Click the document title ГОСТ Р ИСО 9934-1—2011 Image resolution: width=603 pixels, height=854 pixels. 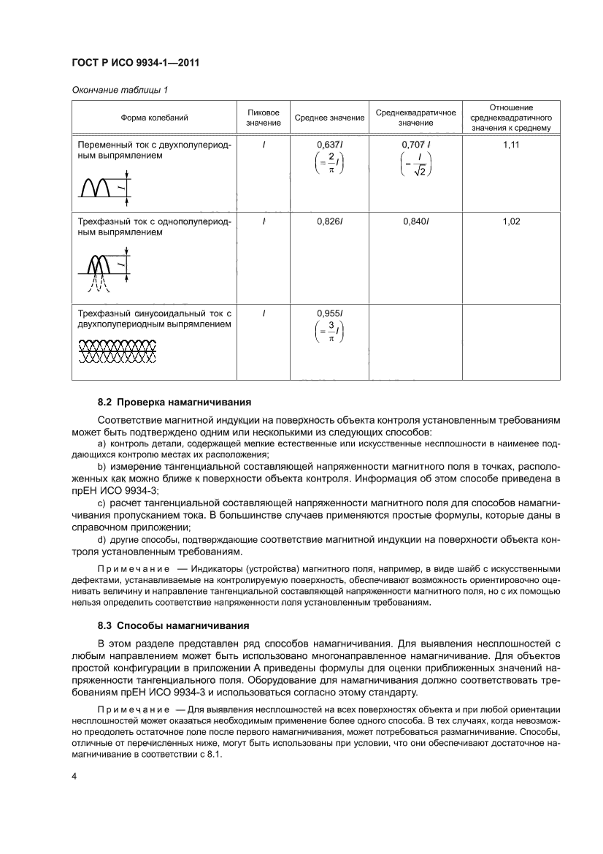coord(135,63)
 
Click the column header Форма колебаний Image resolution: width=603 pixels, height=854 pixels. coord(154,117)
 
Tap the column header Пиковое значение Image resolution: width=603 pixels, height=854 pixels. coord(263,117)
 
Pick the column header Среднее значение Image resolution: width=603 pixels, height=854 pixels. coord(329,118)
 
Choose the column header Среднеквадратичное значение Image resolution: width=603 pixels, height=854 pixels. coord(415,117)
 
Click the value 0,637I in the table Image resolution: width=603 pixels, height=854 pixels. coord(329,145)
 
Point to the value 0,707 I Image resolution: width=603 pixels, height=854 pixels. coord(416,145)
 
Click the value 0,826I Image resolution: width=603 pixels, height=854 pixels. coord(329,221)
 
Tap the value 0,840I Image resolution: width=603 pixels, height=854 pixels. coord(416,221)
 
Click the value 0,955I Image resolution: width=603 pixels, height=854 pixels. coord(329,313)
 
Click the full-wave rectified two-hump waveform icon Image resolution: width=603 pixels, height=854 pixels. coord(98,187)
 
